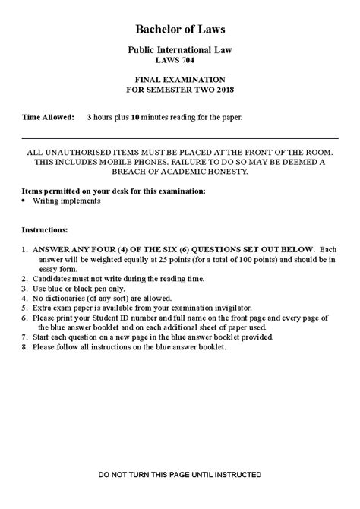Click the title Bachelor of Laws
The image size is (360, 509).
pos(180,29)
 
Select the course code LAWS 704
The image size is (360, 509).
pos(180,60)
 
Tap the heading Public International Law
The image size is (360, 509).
pos(180,49)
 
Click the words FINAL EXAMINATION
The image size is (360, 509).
pos(180,79)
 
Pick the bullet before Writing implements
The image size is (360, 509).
pos(25,201)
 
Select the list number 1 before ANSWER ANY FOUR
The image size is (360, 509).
pos(25,248)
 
